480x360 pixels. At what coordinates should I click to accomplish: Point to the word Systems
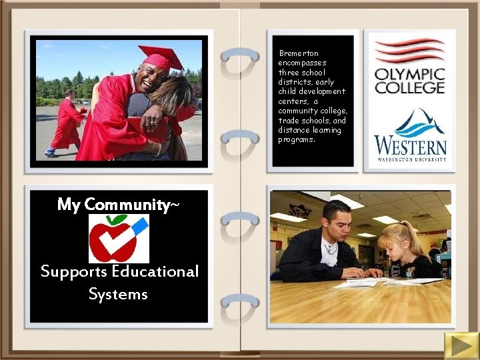tap(118, 294)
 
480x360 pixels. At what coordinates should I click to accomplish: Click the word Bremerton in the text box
tap(299, 53)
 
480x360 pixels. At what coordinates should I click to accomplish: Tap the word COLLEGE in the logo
tap(409, 87)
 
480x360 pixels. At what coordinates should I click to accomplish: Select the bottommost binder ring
tap(239, 303)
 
